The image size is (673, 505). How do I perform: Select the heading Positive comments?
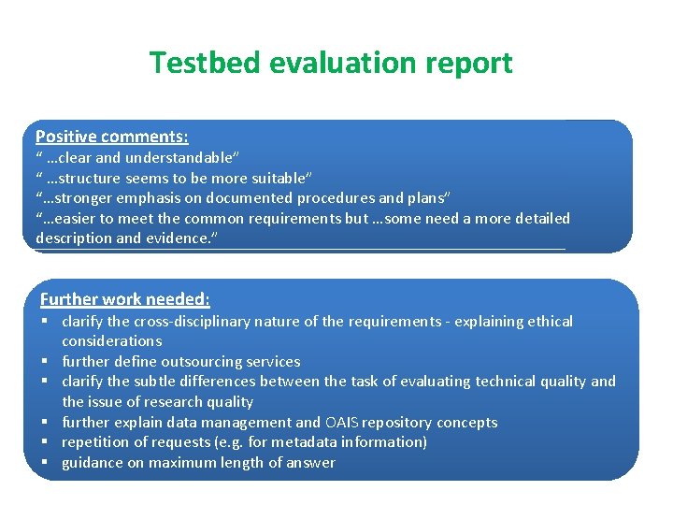pos(111,136)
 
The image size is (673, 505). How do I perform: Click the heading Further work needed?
pos(124,299)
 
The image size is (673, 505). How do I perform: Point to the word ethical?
pos(548,321)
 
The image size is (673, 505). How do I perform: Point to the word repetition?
pos(97,442)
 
